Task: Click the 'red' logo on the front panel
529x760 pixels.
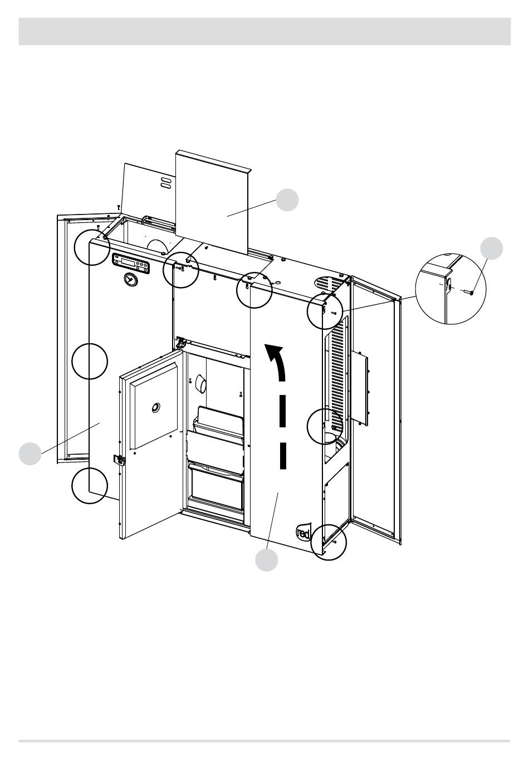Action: (303, 532)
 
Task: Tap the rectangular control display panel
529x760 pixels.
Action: (131, 263)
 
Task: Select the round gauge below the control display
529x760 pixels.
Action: (130, 280)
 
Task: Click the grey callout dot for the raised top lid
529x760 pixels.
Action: (287, 200)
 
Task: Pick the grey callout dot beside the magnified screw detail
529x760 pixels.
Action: (492, 249)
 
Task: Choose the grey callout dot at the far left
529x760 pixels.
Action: (30, 454)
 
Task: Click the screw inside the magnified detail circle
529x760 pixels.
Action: (469, 292)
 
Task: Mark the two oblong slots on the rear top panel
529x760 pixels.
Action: (165, 183)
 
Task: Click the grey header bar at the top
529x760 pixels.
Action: (264, 32)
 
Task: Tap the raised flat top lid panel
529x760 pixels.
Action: (213, 203)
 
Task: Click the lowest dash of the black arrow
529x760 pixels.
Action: (283, 456)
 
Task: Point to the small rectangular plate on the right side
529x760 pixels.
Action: (360, 388)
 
